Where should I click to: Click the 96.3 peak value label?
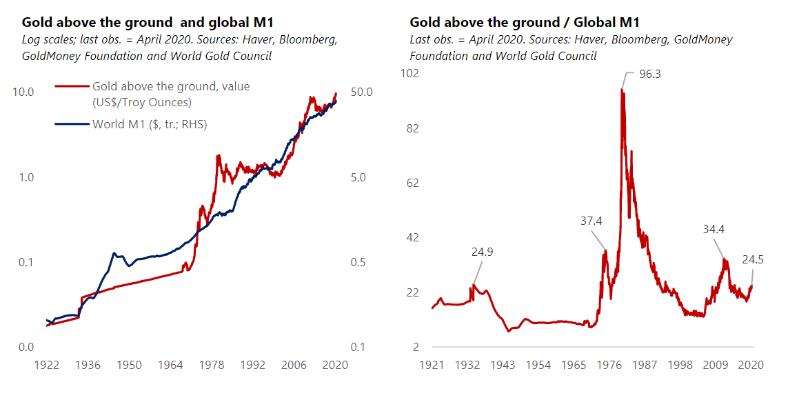649,74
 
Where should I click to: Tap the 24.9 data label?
483,252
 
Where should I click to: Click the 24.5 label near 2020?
753,259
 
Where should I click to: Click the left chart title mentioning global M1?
148,23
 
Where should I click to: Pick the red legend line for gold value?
72,87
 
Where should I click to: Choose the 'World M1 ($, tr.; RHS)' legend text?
150,124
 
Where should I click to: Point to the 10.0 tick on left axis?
26,92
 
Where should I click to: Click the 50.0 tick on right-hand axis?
361,92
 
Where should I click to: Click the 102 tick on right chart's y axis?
411,73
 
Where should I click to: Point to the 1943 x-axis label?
503,365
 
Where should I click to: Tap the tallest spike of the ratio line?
623,90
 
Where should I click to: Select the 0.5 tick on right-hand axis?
358,263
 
